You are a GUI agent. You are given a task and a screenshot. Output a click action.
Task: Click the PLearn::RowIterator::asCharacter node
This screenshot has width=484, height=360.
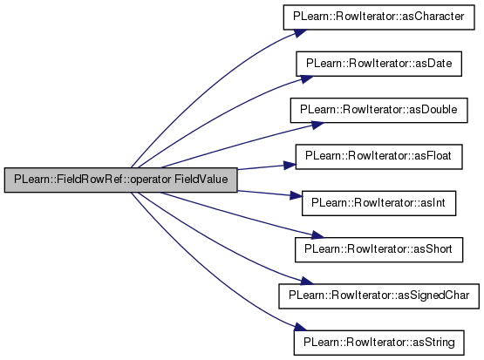tap(378, 17)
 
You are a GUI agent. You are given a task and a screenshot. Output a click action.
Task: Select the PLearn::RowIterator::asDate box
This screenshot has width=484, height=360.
tap(378, 64)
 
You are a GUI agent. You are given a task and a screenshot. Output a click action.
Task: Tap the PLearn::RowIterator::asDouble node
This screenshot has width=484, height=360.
tap(378, 110)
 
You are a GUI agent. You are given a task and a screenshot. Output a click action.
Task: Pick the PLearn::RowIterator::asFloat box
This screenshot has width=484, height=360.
tap(378, 157)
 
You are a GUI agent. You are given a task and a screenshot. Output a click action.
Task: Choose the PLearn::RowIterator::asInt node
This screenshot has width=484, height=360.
tap(378, 203)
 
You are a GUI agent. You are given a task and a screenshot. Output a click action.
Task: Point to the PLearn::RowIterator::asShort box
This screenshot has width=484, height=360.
tap(378, 250)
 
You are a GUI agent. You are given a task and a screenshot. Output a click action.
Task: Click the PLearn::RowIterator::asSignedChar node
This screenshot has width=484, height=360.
tap(378, 296)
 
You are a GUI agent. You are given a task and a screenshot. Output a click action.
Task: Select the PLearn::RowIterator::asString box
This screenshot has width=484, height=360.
tap(378, 343)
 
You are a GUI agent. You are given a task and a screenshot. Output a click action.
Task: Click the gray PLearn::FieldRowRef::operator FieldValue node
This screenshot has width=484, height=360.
tap(120, 180)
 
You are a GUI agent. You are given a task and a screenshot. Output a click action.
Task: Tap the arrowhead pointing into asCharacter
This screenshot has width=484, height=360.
tap(300, 33)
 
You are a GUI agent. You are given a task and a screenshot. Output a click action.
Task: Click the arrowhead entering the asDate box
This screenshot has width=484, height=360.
tap(306, 79)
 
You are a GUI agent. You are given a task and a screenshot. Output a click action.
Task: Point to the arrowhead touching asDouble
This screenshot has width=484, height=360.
tap(317, 125)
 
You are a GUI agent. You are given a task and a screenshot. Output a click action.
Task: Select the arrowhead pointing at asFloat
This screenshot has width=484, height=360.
tap(290, 166)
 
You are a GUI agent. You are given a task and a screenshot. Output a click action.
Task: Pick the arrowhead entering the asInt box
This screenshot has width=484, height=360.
tap(296, 195)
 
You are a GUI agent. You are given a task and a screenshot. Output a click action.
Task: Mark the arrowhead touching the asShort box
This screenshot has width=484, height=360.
tap(317, 235)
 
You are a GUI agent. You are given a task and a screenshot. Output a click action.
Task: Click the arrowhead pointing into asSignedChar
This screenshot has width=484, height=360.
tap(306, 281)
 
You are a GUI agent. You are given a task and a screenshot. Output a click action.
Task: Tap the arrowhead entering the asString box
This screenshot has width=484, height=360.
tap(300, 327)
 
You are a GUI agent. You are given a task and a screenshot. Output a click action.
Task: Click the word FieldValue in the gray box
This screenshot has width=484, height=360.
tap(201, 180)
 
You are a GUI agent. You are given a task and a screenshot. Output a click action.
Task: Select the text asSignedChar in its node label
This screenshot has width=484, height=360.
tap(433, 295)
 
